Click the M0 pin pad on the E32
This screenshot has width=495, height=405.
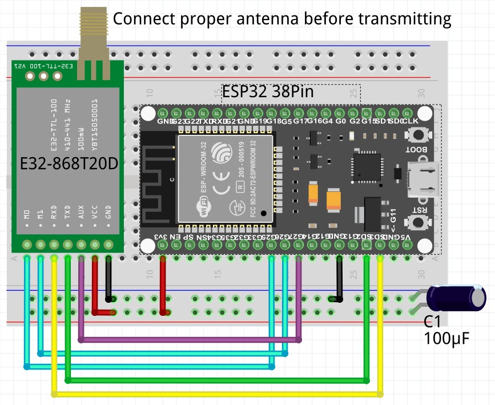(x=27, y=245)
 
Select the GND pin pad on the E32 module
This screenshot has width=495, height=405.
(x=108, y=245)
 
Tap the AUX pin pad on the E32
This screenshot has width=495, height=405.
(x=81, y=245)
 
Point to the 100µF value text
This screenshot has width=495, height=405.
(x=447, y=339)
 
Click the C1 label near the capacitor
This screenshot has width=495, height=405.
(x=432, y=322)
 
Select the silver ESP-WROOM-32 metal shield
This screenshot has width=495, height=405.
(x=226, y=178)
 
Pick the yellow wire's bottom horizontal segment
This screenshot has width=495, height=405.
(x=217, y=394)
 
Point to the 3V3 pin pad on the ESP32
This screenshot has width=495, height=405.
(x=163, y=245)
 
